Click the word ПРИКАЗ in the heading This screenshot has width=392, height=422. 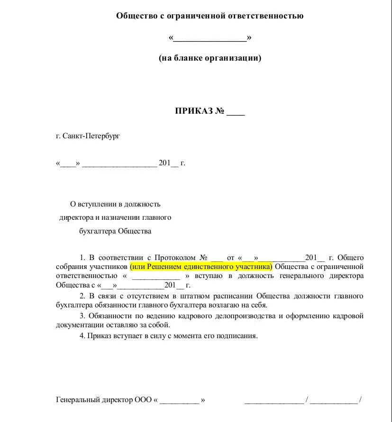coord(194,111)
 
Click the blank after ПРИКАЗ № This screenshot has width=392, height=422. coord(236,112)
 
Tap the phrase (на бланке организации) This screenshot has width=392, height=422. coord(210,58)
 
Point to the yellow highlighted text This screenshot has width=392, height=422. coord(201,267)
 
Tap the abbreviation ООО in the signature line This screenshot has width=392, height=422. coord(143,400)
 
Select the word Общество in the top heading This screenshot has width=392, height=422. coord(135,16)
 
